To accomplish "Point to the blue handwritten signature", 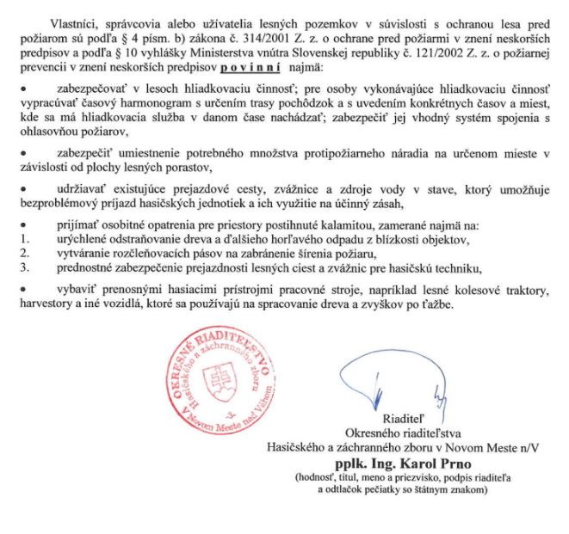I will pos(393,383).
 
